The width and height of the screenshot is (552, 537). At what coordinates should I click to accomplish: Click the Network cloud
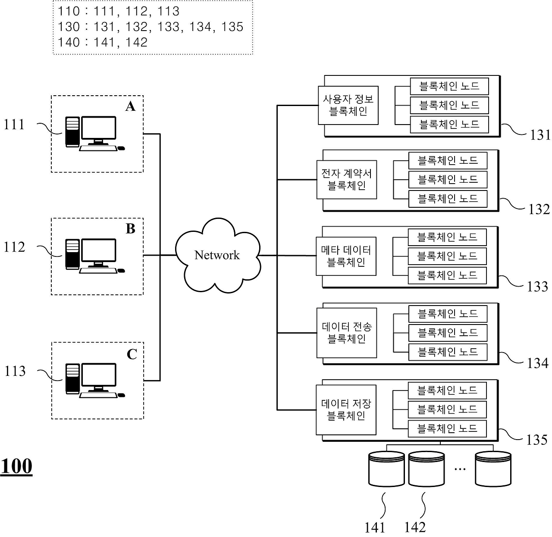point(217,255)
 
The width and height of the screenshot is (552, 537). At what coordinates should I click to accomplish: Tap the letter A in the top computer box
point(130,106)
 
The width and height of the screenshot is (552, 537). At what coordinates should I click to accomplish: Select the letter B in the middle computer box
point(130,229)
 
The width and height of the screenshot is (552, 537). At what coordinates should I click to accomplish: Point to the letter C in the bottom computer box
point(132,354)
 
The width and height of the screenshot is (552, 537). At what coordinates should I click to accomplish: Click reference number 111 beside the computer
point(15,125)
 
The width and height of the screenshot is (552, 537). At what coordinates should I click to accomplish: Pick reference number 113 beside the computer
point(15,371)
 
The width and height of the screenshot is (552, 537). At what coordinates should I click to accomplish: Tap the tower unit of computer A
point(72,132)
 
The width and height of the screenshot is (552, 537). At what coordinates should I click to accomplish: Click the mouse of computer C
point(121,395)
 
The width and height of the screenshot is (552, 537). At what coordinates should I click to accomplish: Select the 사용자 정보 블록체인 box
point(348,106)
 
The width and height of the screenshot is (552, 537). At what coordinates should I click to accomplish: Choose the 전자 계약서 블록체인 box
point(347,180)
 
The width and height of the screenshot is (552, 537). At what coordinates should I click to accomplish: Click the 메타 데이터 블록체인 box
point(346,256)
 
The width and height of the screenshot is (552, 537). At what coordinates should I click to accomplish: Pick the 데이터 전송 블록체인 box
point(347,333)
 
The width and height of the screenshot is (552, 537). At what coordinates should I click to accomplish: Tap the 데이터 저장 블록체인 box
point(346,409)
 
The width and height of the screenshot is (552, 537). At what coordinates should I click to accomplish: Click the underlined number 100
point(16,466)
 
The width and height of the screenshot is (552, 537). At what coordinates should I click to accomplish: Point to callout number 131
point(540,135)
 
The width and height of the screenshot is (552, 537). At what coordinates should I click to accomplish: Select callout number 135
point(536,440)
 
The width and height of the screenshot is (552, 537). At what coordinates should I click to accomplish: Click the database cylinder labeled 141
point(386,469)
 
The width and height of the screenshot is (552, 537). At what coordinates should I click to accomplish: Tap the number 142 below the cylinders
point(415,527)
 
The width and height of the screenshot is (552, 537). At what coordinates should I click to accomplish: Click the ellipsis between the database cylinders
point(460,468)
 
